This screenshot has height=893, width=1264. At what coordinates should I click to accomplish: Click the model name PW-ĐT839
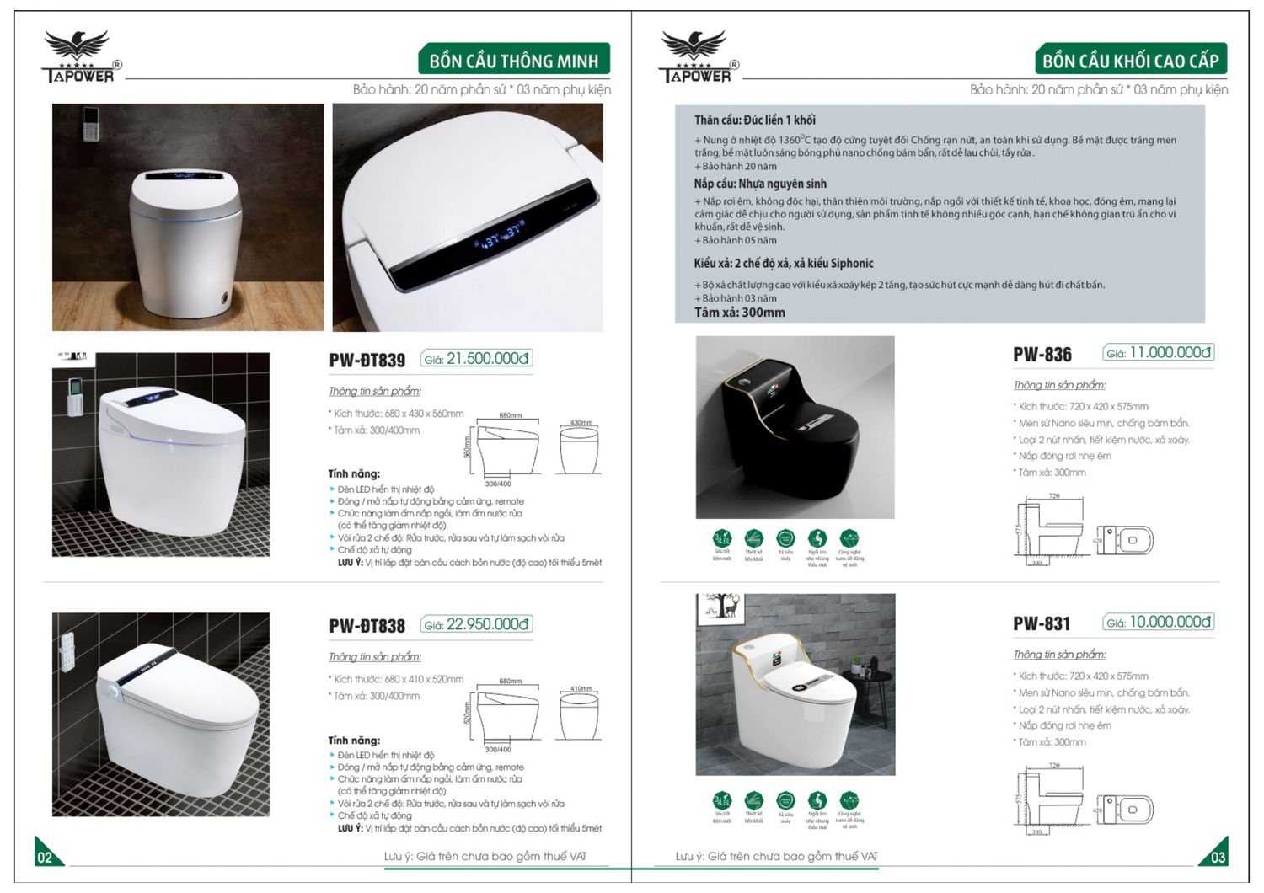[367, 361]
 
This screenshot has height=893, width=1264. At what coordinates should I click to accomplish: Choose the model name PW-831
[1042, 624]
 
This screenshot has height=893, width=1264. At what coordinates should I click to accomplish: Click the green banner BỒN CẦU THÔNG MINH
[513, 61]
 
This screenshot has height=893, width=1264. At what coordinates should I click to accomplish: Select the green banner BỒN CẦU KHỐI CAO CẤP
[1130, 61]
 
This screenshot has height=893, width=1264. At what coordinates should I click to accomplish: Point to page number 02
[45, 858]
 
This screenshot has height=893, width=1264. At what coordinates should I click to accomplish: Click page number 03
[1218, 858]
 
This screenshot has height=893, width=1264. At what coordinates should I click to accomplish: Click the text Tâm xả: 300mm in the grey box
[739, 313]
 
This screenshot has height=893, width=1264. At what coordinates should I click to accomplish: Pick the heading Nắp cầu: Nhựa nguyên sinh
[759, 184]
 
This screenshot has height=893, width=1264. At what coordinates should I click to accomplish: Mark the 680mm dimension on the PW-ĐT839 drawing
[510, 415]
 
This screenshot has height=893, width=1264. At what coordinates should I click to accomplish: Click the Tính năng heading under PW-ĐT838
[354, 741]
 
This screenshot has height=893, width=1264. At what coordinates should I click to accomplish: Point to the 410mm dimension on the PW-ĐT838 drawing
[581, 688]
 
